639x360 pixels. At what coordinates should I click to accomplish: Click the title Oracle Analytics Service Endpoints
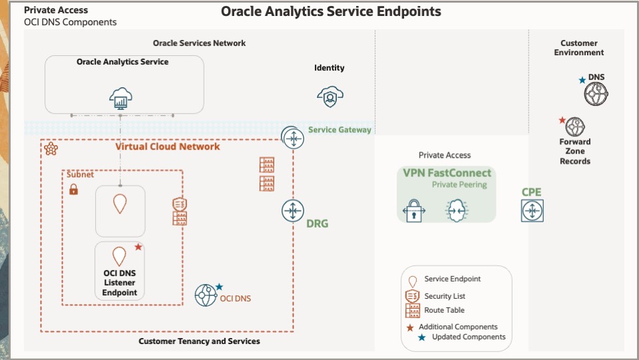(x=331, y=11)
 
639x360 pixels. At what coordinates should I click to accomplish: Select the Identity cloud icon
(x=329, y=97)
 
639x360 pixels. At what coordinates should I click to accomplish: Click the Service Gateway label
(x=339, y=130)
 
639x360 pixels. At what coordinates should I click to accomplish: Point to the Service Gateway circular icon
(x=292, y=138)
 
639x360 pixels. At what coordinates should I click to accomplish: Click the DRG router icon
(x=292, y=210)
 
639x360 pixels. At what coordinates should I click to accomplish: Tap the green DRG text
(x=317, y=224)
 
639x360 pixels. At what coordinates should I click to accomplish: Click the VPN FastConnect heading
(x=447, y=173)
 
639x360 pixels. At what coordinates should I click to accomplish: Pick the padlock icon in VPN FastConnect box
(x=414, y=210)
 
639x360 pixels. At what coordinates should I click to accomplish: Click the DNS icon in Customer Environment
(x=596, y=94)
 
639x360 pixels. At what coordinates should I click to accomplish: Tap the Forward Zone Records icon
(x=574, y=126)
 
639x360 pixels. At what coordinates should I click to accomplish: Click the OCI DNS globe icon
(x=206, y=295)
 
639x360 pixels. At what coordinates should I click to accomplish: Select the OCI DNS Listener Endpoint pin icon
(x=119, y=256)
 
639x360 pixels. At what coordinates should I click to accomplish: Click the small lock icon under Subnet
(x=74, y=190)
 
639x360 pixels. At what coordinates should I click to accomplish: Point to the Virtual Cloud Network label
(x=167, y=146)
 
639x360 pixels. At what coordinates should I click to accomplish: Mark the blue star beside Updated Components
(x=421, y=337)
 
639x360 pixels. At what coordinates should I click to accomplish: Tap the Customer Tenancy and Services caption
(x=199, y=341)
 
